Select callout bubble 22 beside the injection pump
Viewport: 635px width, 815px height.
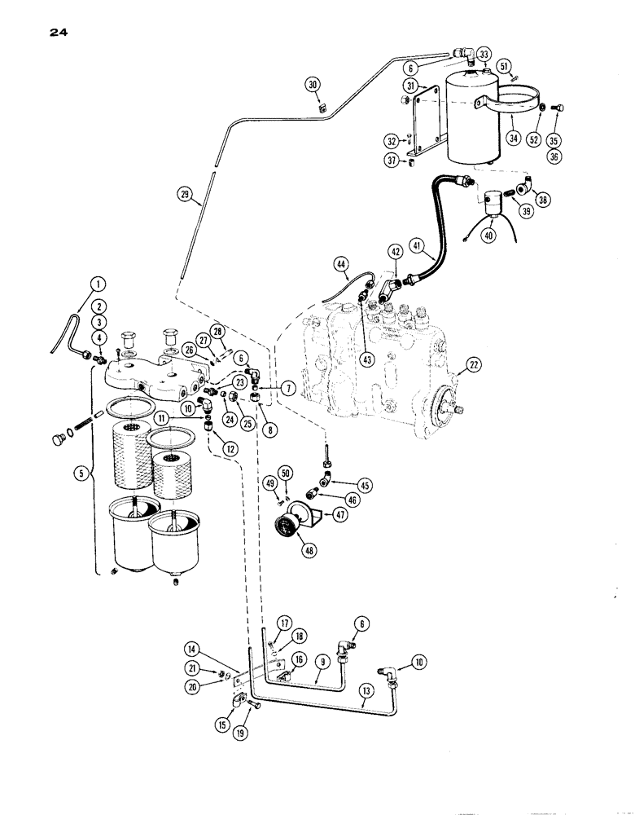coord(467,370)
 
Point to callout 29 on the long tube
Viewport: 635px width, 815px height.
coord(186,194)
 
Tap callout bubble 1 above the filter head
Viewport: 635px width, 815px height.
coord(97,284)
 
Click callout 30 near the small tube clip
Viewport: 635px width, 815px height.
coord(314,85)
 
